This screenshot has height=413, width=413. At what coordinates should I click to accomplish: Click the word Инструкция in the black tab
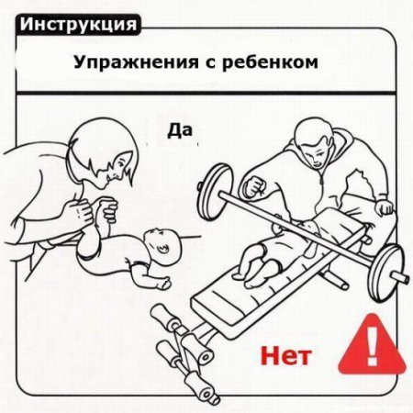(77, 21)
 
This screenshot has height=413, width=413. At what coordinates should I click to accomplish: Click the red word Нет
(287, 352)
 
